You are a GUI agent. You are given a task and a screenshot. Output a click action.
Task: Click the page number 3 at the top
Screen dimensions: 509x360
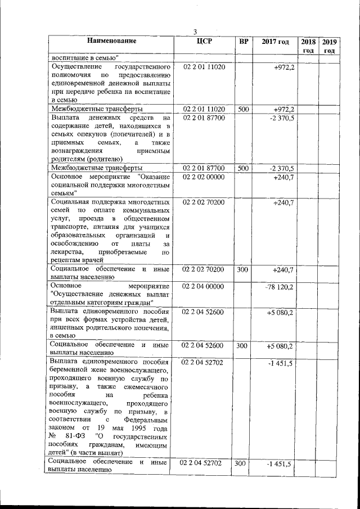pos(195,32)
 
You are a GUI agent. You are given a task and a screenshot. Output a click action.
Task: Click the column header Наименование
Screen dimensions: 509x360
pos(112,41)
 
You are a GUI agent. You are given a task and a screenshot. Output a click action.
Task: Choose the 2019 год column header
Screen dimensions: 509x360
pos(329,46)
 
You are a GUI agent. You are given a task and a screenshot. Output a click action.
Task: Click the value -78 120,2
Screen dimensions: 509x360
pos(279,287)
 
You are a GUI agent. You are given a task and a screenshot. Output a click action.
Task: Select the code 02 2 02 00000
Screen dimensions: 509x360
pos(204,177)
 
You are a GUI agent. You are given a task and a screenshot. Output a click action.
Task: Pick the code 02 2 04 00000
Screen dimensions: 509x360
pos(204,287)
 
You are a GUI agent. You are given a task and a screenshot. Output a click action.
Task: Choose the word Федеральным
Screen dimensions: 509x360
pos(146,420)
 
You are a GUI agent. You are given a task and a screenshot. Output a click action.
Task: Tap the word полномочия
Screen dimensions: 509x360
pos(72,75)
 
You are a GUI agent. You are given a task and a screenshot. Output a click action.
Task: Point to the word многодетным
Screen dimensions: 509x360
pos(146,185)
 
